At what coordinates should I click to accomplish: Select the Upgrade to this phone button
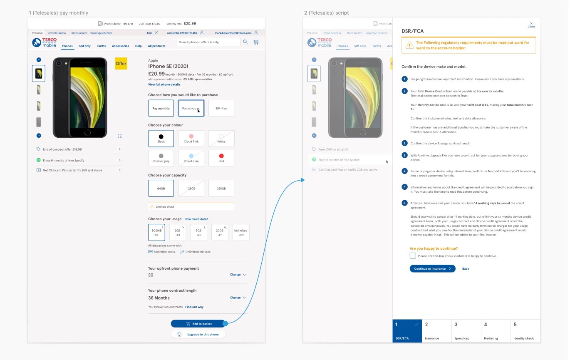(x=198, y=334)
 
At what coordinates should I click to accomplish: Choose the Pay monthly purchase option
(x=161, y=108)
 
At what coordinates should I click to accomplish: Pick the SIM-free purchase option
(x=221, y=108)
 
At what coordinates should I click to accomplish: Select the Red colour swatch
(x=221, y=158)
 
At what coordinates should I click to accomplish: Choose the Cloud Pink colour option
(x=191, y=138)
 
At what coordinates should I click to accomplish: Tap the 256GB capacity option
(x=221, y=189)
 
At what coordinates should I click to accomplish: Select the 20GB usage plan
(x=220, y=232)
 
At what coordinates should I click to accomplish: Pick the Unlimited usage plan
(x=241, y=232)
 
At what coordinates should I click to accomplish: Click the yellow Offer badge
(x=121, y=64)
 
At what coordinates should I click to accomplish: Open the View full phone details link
(x=164, y=84)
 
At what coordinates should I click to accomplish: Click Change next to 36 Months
(x=238, y=298)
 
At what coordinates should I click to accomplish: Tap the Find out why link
(x=194, y=307)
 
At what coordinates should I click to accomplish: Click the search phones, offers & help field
(x=208, y=42)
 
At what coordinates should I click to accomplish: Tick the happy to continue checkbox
(x=413, y=256)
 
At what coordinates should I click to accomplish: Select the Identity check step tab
(x=525, y=331)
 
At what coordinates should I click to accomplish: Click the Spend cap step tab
(x=466, y=331)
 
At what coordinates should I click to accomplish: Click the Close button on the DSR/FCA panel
(x=531, y=25)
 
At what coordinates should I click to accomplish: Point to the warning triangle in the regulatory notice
(x=409, y=45)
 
